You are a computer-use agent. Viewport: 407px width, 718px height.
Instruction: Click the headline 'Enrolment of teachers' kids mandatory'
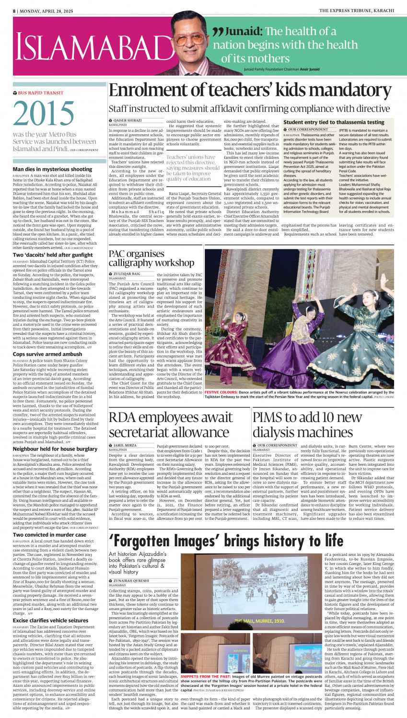pos(251,91)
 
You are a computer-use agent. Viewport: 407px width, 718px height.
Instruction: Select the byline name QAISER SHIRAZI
pos(127,120)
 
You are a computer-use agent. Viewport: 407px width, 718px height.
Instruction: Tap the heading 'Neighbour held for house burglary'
pos(55,449)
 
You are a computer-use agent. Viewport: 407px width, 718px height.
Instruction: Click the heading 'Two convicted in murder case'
pos(49,534)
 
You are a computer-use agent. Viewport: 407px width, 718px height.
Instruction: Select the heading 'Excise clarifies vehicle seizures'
pos(50,620)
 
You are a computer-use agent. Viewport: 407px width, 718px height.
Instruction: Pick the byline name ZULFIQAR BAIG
pos(127,274)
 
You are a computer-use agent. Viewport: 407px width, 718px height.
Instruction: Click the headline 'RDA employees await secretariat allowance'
pos(177,424)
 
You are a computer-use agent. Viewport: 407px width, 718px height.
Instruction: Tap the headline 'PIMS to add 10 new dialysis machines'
pos(314,424)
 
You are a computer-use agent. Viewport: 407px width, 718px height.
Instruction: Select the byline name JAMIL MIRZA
pos(125,446)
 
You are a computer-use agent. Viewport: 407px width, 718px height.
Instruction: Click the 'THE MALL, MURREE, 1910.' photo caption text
pos(259,621)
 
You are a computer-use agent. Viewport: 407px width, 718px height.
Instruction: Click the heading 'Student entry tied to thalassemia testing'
pos(334,122)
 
